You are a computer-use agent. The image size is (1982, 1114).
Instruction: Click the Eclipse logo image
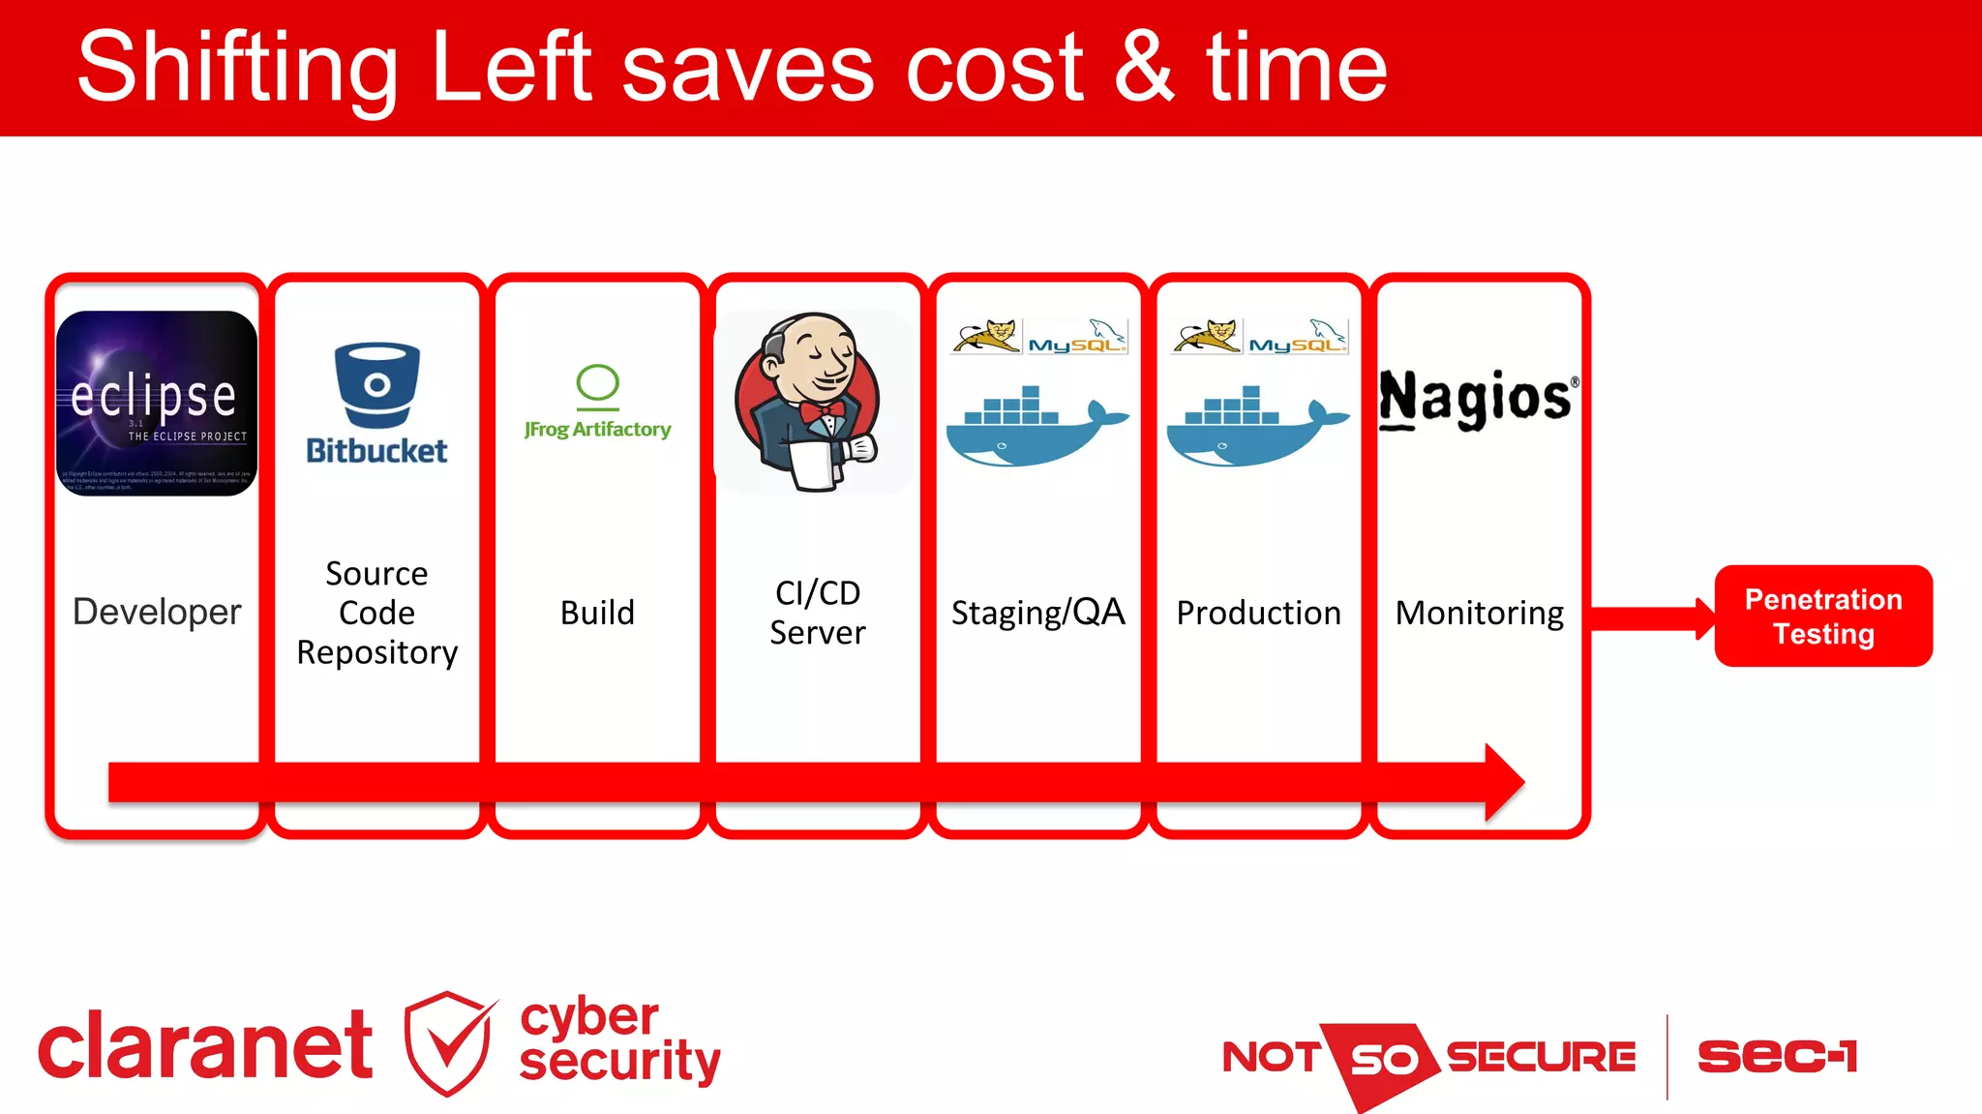click(x=157, y=403)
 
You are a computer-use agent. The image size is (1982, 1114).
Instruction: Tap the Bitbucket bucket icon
click(x=377, y=384)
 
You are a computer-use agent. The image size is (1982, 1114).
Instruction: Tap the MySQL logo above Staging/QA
click(x=1076, y=337)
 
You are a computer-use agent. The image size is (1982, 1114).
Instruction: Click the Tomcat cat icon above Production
click(x=1206, y=336)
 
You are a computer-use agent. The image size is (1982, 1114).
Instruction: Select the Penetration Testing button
click(x=1823, y=617)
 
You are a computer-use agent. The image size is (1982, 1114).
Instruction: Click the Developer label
click(x=157, y=612)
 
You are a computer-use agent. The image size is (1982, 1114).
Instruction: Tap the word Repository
click(x=377, y=653)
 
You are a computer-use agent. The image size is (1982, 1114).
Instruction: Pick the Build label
click(x=597, y=613)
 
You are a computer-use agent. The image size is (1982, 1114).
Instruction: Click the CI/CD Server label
click(x=818, y=613)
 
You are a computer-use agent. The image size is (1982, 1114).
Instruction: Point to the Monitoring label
click(x=1479, y=613)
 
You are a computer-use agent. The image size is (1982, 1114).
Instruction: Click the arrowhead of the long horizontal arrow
click(x=1504, y=782)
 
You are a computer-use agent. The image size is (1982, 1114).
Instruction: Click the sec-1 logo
click(x=1777, y=1056)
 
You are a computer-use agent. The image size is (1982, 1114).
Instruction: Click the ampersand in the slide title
click(x=1145, y=68)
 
